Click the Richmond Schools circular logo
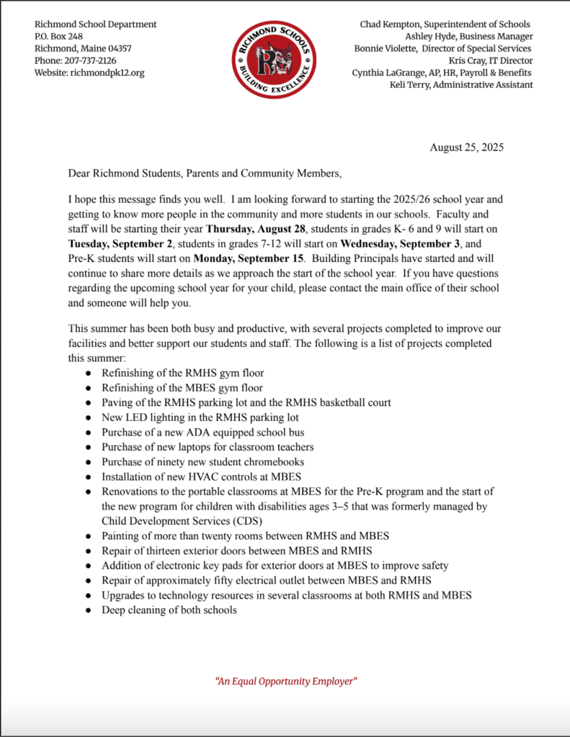coord(274,59)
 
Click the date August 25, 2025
coord(466,148)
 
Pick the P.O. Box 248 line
coord(58,36)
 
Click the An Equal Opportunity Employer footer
coord(286,681)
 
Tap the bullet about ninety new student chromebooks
coord(202,462)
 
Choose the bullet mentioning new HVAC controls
coord(201,476)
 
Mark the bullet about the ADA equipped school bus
coord(202,433)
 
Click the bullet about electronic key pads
coord(275,566)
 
